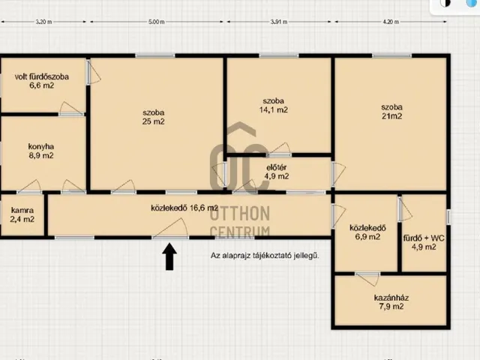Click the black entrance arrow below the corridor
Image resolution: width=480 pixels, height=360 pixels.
169,256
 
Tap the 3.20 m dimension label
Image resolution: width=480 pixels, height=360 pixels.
43,22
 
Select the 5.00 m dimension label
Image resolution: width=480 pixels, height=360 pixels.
157,22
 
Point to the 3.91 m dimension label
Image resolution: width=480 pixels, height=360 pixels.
279,22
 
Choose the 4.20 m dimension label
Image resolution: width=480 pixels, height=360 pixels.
391,22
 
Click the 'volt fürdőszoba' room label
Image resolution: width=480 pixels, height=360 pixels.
42,76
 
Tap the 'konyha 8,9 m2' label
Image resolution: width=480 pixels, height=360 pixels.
41,151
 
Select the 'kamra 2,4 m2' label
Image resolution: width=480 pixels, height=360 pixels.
22,214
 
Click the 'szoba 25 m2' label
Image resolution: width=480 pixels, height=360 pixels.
153,117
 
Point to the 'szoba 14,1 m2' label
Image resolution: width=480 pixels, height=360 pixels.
273,105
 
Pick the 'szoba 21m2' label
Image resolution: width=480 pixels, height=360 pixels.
391,112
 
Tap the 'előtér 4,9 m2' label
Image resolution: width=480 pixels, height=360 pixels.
277,172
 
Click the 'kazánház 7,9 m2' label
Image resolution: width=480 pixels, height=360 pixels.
391,301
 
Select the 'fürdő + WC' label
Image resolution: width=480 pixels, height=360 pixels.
424,238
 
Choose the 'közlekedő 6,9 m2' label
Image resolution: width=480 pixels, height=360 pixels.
367,232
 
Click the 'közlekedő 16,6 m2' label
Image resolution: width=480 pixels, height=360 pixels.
184,208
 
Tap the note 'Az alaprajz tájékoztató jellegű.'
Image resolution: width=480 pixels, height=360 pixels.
265,255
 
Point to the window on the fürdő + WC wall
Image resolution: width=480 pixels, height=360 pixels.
448,217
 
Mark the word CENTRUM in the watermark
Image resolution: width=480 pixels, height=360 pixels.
240,232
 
